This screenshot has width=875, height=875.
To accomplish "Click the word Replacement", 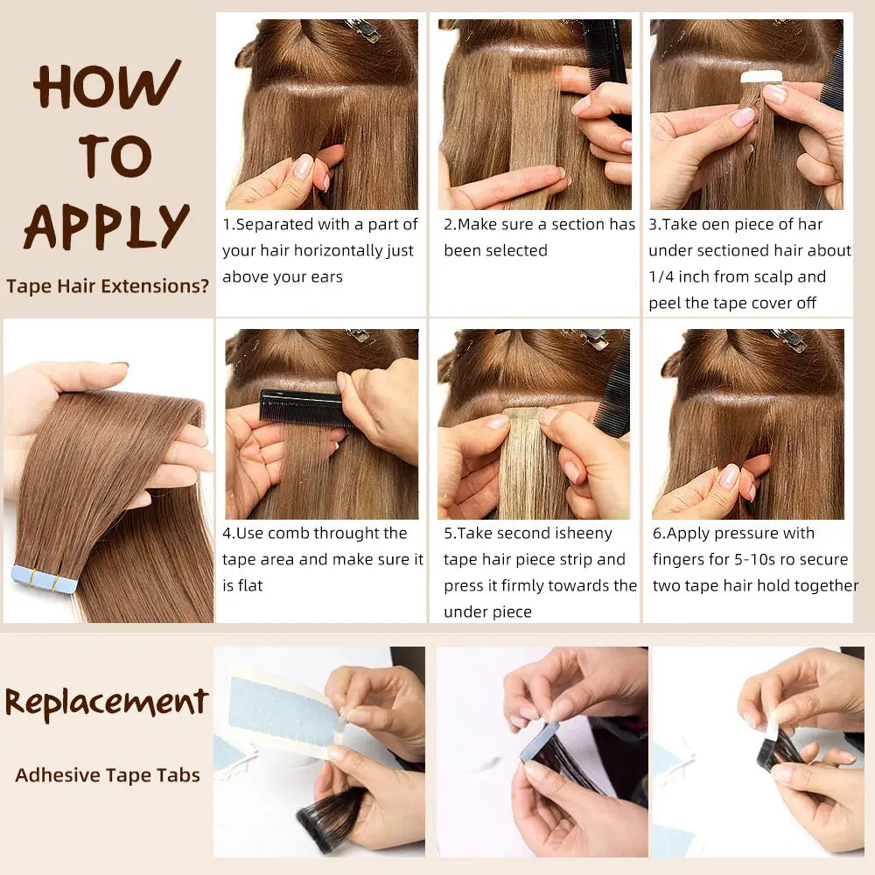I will point(107,703).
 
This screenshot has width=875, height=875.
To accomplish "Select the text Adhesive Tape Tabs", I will point(107,774).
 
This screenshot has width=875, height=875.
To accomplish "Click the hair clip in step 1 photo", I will point(364,30).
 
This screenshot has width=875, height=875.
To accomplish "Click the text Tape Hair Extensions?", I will point(107,286).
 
